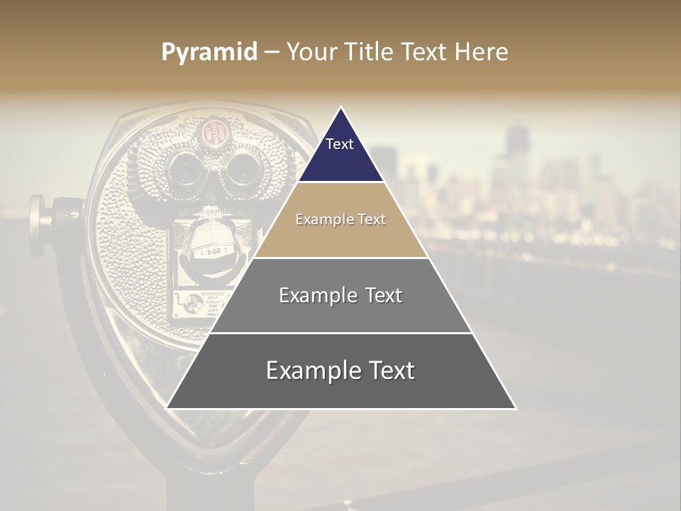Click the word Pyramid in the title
pos(209,53)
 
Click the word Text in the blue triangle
pos(340,144)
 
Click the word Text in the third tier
pos(380,295)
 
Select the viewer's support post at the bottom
pos(210,493)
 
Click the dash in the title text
pos(272,53)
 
